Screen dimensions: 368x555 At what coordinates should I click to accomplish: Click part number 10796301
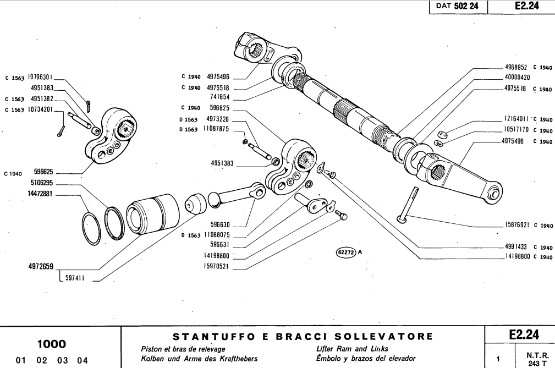(40, 78)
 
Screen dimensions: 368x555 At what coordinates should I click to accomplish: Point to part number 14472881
(40, 194)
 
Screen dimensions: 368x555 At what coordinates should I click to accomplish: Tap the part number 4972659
(41, 267)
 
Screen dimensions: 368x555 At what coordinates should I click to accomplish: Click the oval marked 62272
(345, 252)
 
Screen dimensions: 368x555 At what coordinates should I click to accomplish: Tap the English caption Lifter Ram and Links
(353, 349)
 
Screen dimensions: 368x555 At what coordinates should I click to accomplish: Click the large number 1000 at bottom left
(52, 344)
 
